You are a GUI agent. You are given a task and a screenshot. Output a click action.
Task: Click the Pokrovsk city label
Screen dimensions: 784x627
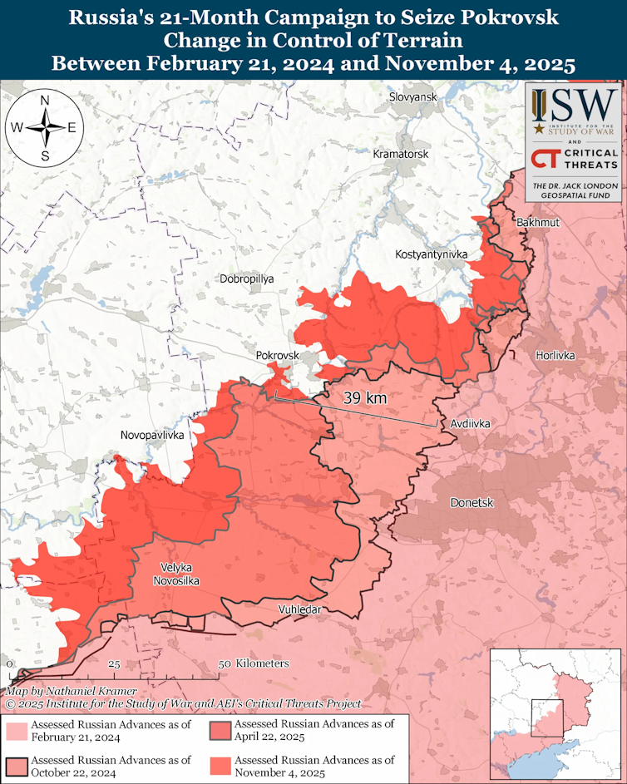tap(277, 355)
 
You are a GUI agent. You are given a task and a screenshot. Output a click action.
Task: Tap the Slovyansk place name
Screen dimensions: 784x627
tap(412, 97)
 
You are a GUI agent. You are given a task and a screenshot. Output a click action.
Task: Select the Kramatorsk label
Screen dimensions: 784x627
tap(401, 155)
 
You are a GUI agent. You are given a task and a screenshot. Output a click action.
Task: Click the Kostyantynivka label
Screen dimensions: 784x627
tap(432, 253)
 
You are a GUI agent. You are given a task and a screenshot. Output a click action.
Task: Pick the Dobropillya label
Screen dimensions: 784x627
tap(246, 279)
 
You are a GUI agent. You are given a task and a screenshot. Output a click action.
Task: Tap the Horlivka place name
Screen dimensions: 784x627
tap(555, 355)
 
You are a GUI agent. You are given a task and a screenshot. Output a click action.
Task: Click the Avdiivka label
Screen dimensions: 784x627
tap(470, 423)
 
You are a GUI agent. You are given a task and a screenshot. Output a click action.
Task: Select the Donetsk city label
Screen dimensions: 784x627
tap(471, 503)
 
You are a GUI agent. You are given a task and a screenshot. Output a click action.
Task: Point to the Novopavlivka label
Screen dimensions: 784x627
tap(152, 434)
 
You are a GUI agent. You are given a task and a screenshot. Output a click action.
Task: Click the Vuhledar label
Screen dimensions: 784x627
tap(299, 610)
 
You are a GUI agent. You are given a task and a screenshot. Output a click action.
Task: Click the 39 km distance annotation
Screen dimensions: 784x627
tap(364, 398)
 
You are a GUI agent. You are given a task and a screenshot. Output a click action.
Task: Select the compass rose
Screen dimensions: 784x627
tap(43, 127)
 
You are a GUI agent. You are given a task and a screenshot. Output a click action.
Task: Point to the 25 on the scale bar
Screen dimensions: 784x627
tap(115, 664)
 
